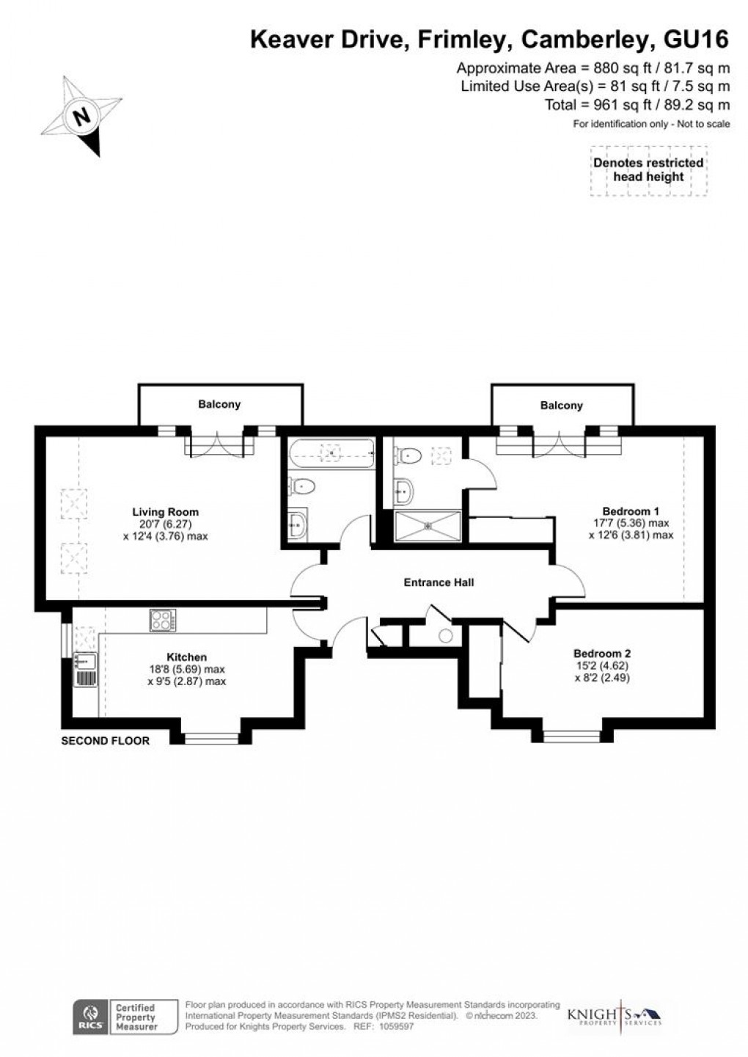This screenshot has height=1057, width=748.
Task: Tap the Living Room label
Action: click(165, 512)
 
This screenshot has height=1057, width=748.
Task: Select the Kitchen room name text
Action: click(186, 657)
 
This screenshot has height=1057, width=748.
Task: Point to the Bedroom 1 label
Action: click(626, 511)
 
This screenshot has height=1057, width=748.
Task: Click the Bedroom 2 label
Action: click(602, 653)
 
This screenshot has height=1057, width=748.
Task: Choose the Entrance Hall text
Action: click(439, 582)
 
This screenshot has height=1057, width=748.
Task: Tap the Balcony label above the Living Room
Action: click(219, 404)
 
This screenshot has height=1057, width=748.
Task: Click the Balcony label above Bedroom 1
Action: click(561, 405)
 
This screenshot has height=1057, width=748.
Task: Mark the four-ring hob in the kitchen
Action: click(162, 620)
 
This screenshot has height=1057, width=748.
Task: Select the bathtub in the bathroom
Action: click(331, 454)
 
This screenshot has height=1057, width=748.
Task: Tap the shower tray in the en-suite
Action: click(428, 526)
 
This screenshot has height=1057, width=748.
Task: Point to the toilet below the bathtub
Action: click(302, 486)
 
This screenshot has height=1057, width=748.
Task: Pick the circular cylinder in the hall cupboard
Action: click(447, 636)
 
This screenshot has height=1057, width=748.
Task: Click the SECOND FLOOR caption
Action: click(105, 741)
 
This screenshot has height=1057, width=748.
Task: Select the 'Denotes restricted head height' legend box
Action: click(648, 170)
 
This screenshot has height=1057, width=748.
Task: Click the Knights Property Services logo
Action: click(615, 1017)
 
